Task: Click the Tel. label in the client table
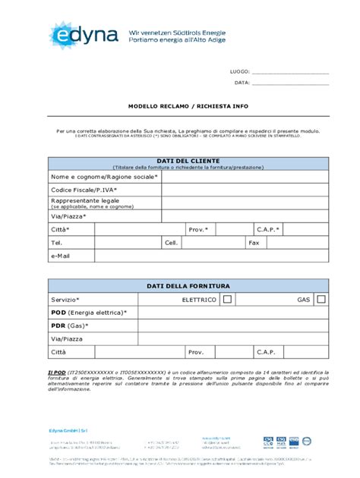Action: [56, 243]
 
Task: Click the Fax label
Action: [254, 243]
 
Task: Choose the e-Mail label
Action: [61, 256]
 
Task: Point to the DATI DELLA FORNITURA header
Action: [188, 286]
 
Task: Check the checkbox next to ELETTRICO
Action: [227, 300]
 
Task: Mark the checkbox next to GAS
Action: [321, 300]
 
